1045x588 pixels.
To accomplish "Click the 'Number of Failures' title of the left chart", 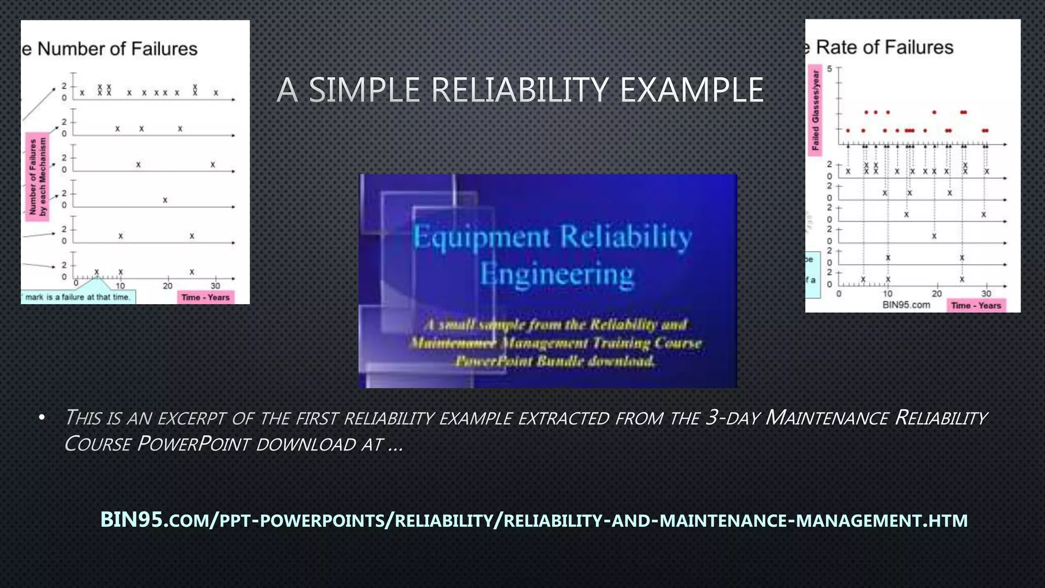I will coord(117,49).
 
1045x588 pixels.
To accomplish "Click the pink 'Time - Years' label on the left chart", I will coord(206,298).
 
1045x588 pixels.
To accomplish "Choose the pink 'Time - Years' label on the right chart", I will coord(976,306).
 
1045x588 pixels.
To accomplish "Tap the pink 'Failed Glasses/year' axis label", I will coord(815,110).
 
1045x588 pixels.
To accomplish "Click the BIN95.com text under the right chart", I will coord(906,305).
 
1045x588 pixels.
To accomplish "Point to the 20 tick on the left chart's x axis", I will coord(167,286).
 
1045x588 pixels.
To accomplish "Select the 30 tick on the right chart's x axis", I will coord(986,294).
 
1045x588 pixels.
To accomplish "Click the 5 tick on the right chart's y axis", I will coord(830,69).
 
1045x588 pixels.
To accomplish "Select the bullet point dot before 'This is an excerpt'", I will coord(42,418).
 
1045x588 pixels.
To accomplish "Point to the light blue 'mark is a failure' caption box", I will coord(78,297).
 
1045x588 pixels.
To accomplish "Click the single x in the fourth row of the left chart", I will coord(165,201).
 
